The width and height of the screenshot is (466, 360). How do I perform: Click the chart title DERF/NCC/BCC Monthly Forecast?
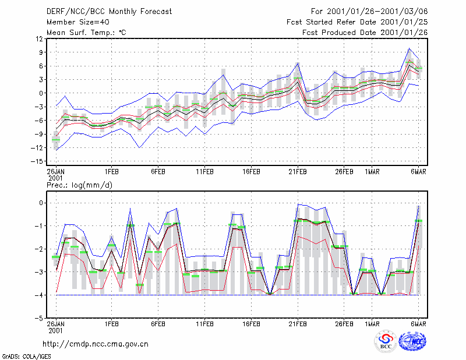(x=109, y=12)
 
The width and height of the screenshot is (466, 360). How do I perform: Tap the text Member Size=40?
(x=78, y=22)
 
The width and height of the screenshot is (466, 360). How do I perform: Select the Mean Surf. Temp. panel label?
(x=86, y=33)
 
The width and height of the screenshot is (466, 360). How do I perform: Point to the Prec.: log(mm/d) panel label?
(x=79, y=185)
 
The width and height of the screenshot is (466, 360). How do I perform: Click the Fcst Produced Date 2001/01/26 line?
(x=365, y=33)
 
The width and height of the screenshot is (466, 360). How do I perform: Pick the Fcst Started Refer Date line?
(x=357, y=22)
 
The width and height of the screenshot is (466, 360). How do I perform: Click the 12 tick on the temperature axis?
(x=40, y=39)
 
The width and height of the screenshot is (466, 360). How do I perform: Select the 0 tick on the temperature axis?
(x=41, y=93)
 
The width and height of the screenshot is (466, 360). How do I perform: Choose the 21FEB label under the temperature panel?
(x=298, y=172)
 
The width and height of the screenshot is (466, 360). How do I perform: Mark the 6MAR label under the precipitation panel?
(x=418, y=324)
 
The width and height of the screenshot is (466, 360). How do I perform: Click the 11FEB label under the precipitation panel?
(x=204, y=324)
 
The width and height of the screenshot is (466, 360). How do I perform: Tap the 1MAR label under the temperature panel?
(x=372, y=172)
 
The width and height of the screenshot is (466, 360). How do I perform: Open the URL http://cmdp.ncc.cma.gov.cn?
(x=96, y=344)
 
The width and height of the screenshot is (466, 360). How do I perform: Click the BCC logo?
(x=386, y=343)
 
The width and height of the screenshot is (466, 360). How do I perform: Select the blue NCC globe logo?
(x=412, y=341)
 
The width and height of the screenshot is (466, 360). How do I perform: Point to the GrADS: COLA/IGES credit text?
(x=26, y=357)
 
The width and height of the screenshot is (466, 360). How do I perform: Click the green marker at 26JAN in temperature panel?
(x=56, y=140)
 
